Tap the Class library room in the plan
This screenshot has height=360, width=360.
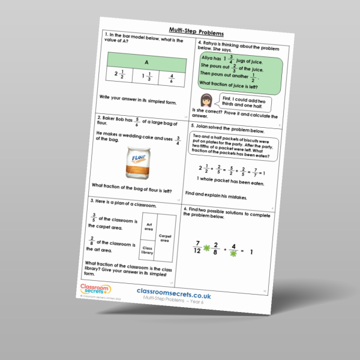tap(147, 251)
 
